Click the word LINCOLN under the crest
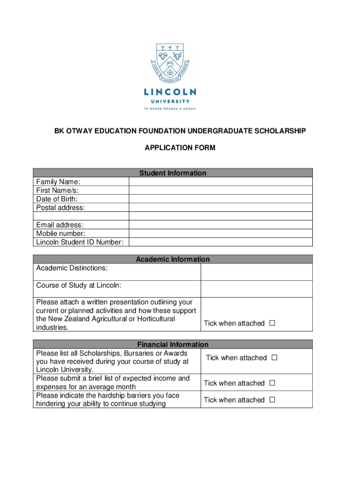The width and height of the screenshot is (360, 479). (x=169, y=92)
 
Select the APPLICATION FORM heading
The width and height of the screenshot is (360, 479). (x=180, y=148)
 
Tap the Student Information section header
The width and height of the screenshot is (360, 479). (x=173, y=173)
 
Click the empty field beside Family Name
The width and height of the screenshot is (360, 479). (x=220, y=181)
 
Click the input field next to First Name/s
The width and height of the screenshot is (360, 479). (x=220, y=190)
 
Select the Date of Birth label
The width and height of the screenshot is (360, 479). (x=57, y=199)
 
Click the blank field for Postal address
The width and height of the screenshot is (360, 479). (x=220, y=207)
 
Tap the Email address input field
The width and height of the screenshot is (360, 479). (x=220, y=225)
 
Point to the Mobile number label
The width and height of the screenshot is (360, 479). (x=60, y=233)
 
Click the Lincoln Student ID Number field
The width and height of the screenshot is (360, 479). (x=220, y=242)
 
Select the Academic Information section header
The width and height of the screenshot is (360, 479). (x=173, y=259)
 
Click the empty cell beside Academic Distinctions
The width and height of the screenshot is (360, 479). (x=256, y=272)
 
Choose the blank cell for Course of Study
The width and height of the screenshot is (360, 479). (x=256, y=289)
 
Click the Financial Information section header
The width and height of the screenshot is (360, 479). (x=173, y=344)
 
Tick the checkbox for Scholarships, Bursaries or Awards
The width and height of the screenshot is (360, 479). (x=274, y=358)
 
